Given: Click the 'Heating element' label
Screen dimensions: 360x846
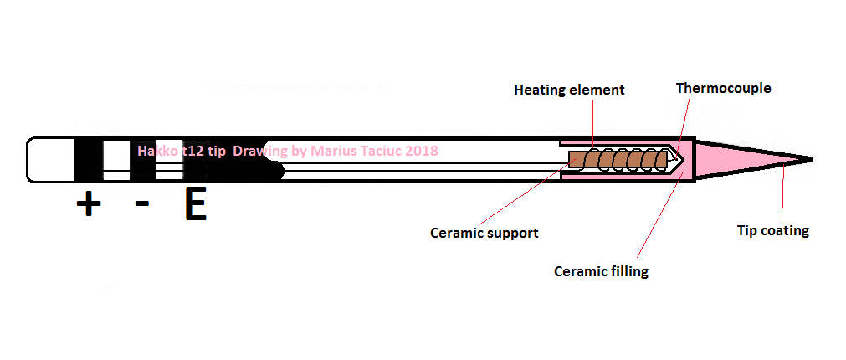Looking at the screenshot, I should [x=569, y=90].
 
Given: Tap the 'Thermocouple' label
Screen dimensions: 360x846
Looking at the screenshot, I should [x=723, y=87].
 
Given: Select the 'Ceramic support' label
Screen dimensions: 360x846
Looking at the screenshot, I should [x=484, y=233].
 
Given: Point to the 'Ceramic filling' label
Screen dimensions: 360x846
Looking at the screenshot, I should [x=601, y=271].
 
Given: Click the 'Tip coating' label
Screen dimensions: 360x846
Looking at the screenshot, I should [x=772, y=230].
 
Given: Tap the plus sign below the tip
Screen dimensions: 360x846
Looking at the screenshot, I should [x=88, y=204].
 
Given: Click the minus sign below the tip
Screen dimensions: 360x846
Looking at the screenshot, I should [x=142, y=203].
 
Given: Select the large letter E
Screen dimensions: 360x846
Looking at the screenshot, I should [x=195, y=204].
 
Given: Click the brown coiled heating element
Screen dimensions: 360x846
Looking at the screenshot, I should [x=620, y=157].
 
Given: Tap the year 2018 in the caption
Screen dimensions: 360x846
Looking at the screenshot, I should [x=420, y=151].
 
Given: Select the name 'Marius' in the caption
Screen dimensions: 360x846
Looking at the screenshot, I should [x=334, y=151].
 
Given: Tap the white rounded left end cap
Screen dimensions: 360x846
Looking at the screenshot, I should [x=50, y=159].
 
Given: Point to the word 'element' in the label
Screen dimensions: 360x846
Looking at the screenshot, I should [x=598, y=90].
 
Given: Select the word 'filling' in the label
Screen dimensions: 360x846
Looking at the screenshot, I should [x=629, y=271].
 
